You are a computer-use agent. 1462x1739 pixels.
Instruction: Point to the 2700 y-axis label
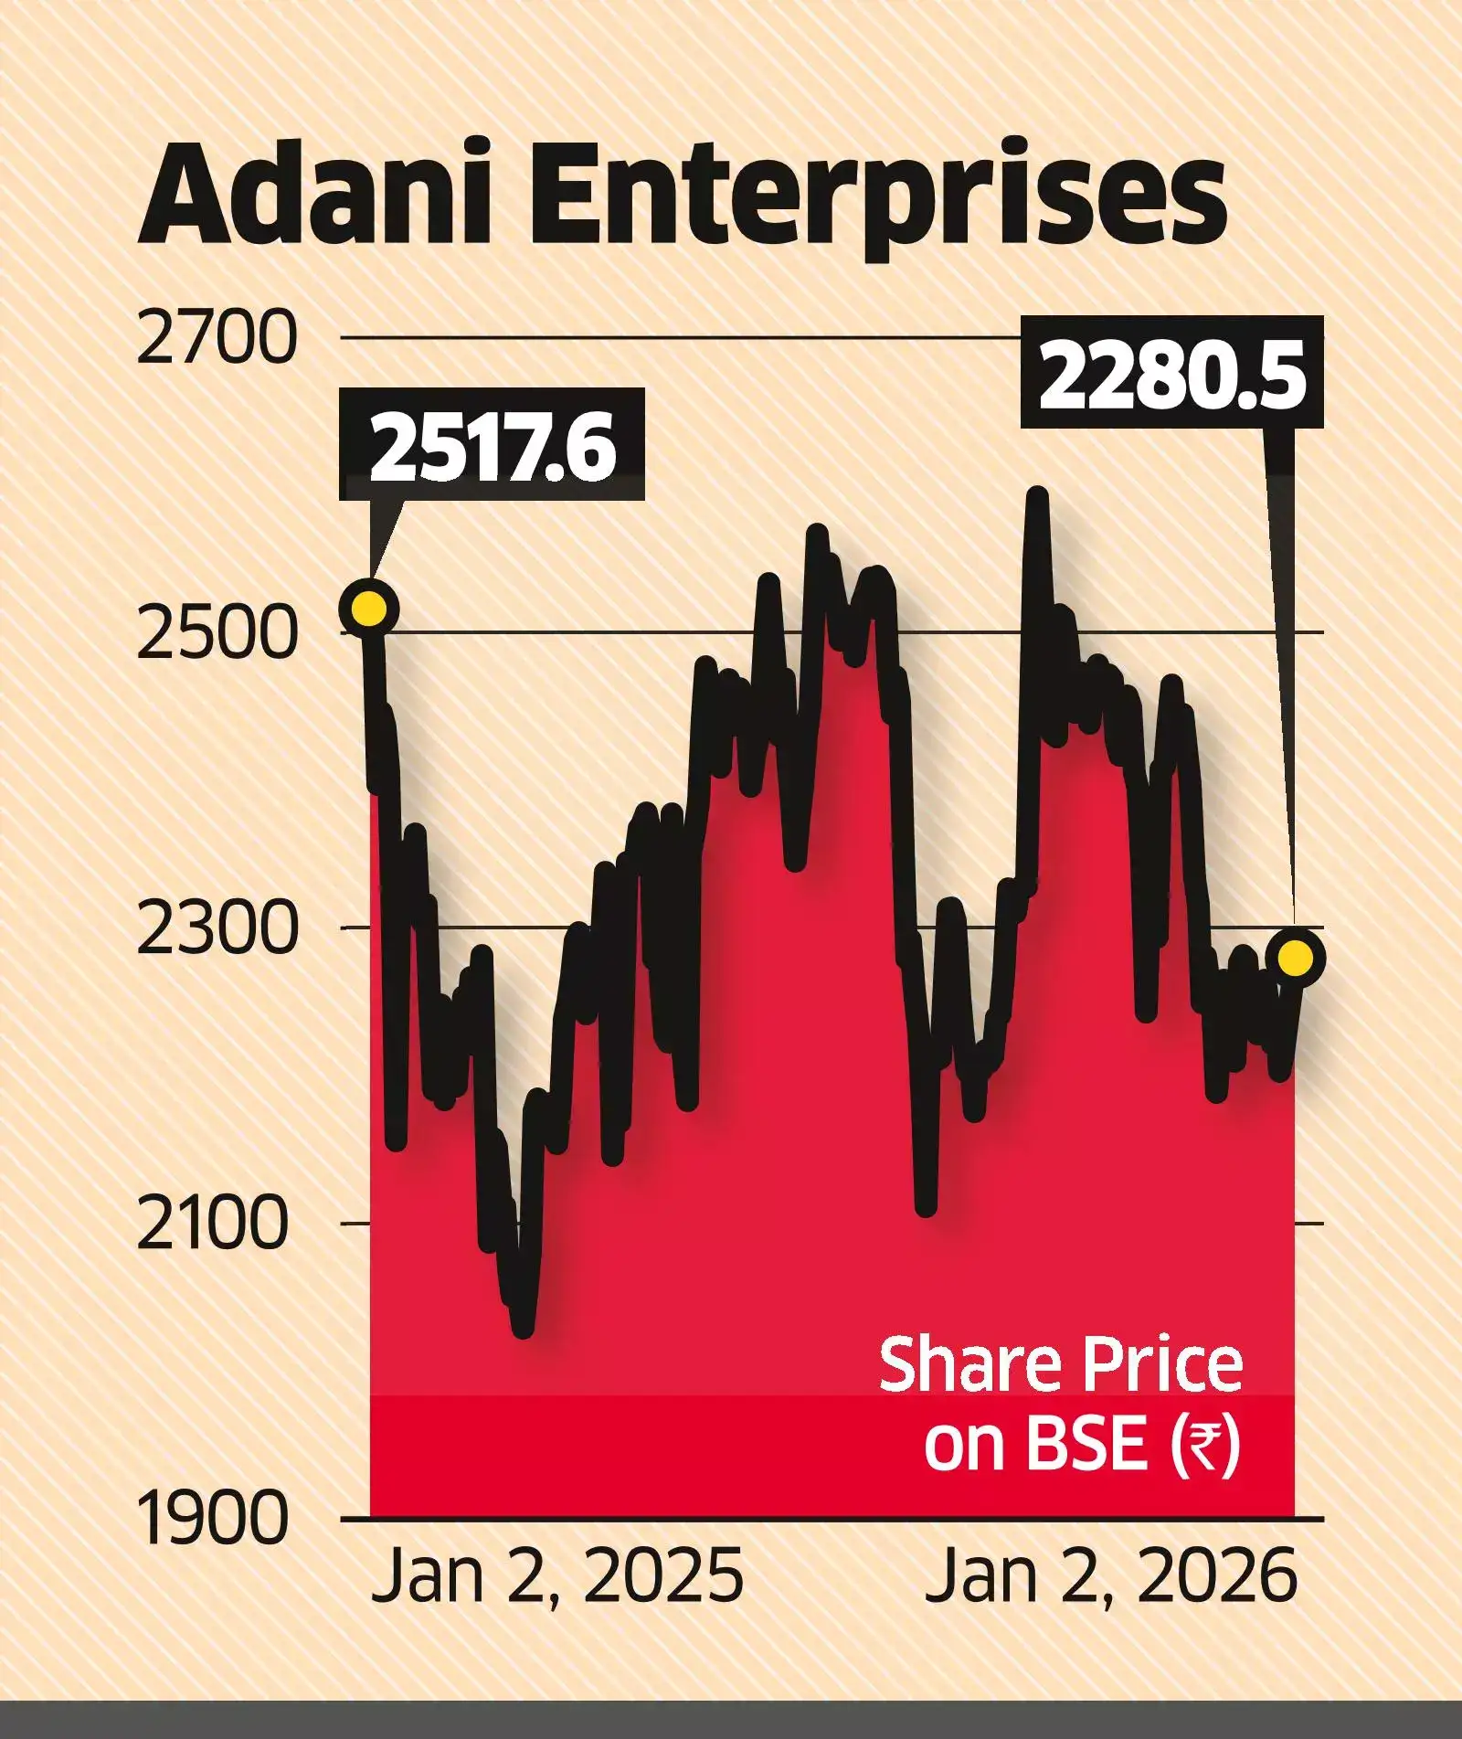(217, 338)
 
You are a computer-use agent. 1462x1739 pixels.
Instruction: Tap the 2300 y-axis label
(217, 928)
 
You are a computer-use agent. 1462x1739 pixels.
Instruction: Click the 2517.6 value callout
(492, 445)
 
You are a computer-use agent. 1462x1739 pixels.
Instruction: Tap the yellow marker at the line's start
(369, 609)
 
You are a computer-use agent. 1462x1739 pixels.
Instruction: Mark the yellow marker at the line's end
(1296, 957)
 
